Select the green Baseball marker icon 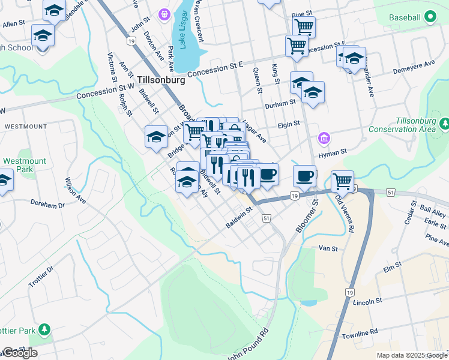(430, 18)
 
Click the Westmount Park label (25, 166)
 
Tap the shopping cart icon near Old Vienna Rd (342, 180)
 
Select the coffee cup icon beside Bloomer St (305, 175)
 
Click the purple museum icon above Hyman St (324, 139)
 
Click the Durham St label (281, 103)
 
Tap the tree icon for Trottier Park (44, 329)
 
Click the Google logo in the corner (19, 353)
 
